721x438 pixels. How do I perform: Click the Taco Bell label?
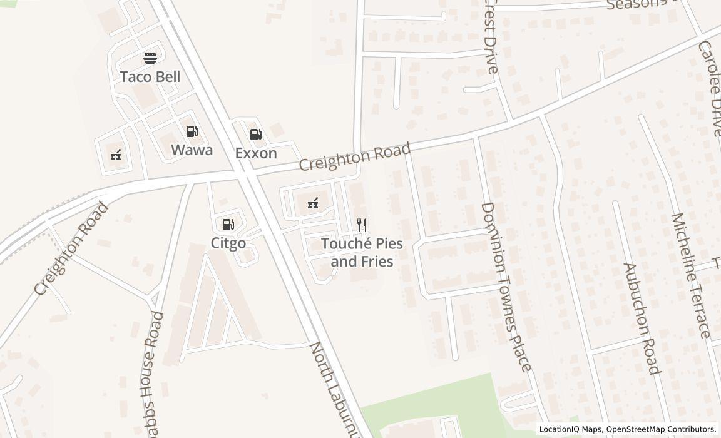pos(150,77)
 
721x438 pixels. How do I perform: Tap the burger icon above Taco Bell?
pos(150,58)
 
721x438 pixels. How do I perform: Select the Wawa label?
pos(192,150)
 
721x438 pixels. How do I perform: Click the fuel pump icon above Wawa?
pos(192,131)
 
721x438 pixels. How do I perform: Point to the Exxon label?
pos(256,153)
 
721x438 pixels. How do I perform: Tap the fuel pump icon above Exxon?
pos(255,135)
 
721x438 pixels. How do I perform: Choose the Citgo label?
pos(228,243)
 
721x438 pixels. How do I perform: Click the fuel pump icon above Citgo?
pos(228,225)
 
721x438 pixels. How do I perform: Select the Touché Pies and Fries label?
pos(362,252)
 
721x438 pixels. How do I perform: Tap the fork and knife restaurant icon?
pos(362,225)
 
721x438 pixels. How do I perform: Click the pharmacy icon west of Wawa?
pos(116,155)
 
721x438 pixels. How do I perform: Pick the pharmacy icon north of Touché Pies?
pos(312,203)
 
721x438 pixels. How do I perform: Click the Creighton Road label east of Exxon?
pos(355,156)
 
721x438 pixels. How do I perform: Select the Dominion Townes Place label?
pos(506,287)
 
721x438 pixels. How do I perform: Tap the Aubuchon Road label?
pos(642,319)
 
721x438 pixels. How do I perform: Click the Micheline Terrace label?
pos(691,275)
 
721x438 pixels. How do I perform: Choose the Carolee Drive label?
pos(710,88)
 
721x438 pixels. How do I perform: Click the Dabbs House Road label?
pos(151,375)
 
